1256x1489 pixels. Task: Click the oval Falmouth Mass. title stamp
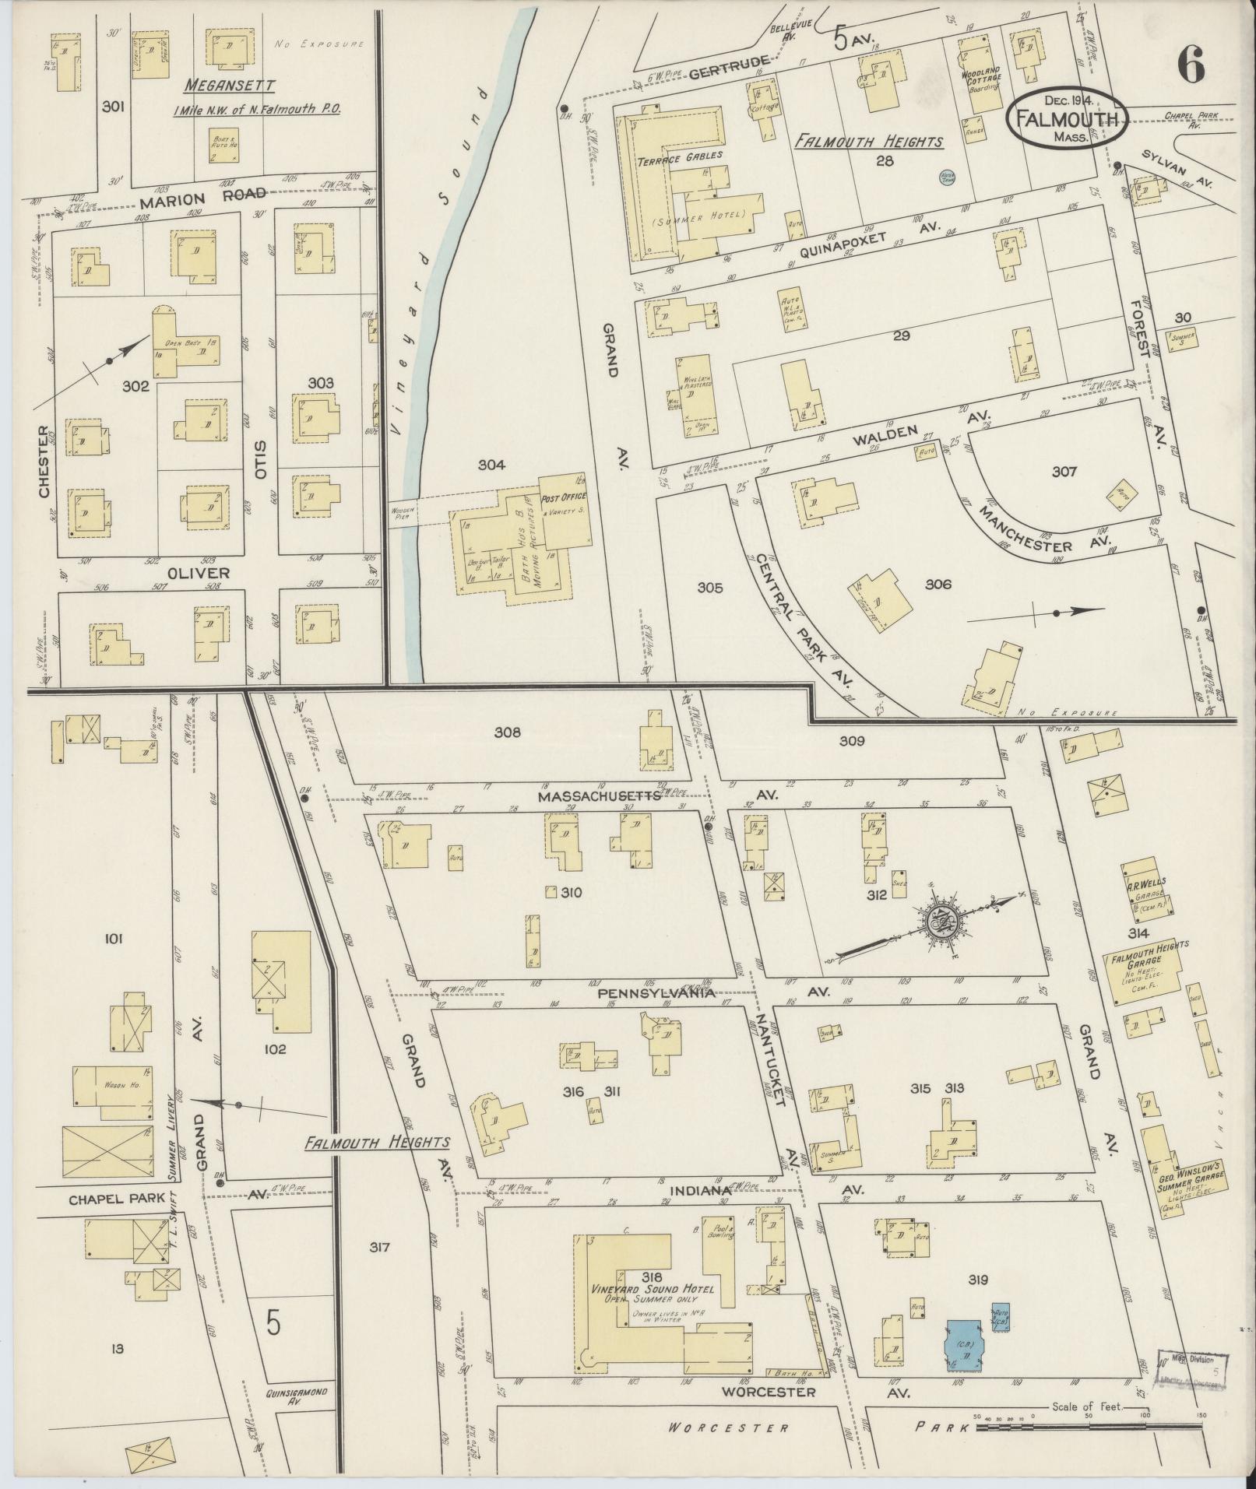point(1067,118)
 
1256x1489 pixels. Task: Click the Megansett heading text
point(231,85)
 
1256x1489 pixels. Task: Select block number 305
point(709,588)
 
